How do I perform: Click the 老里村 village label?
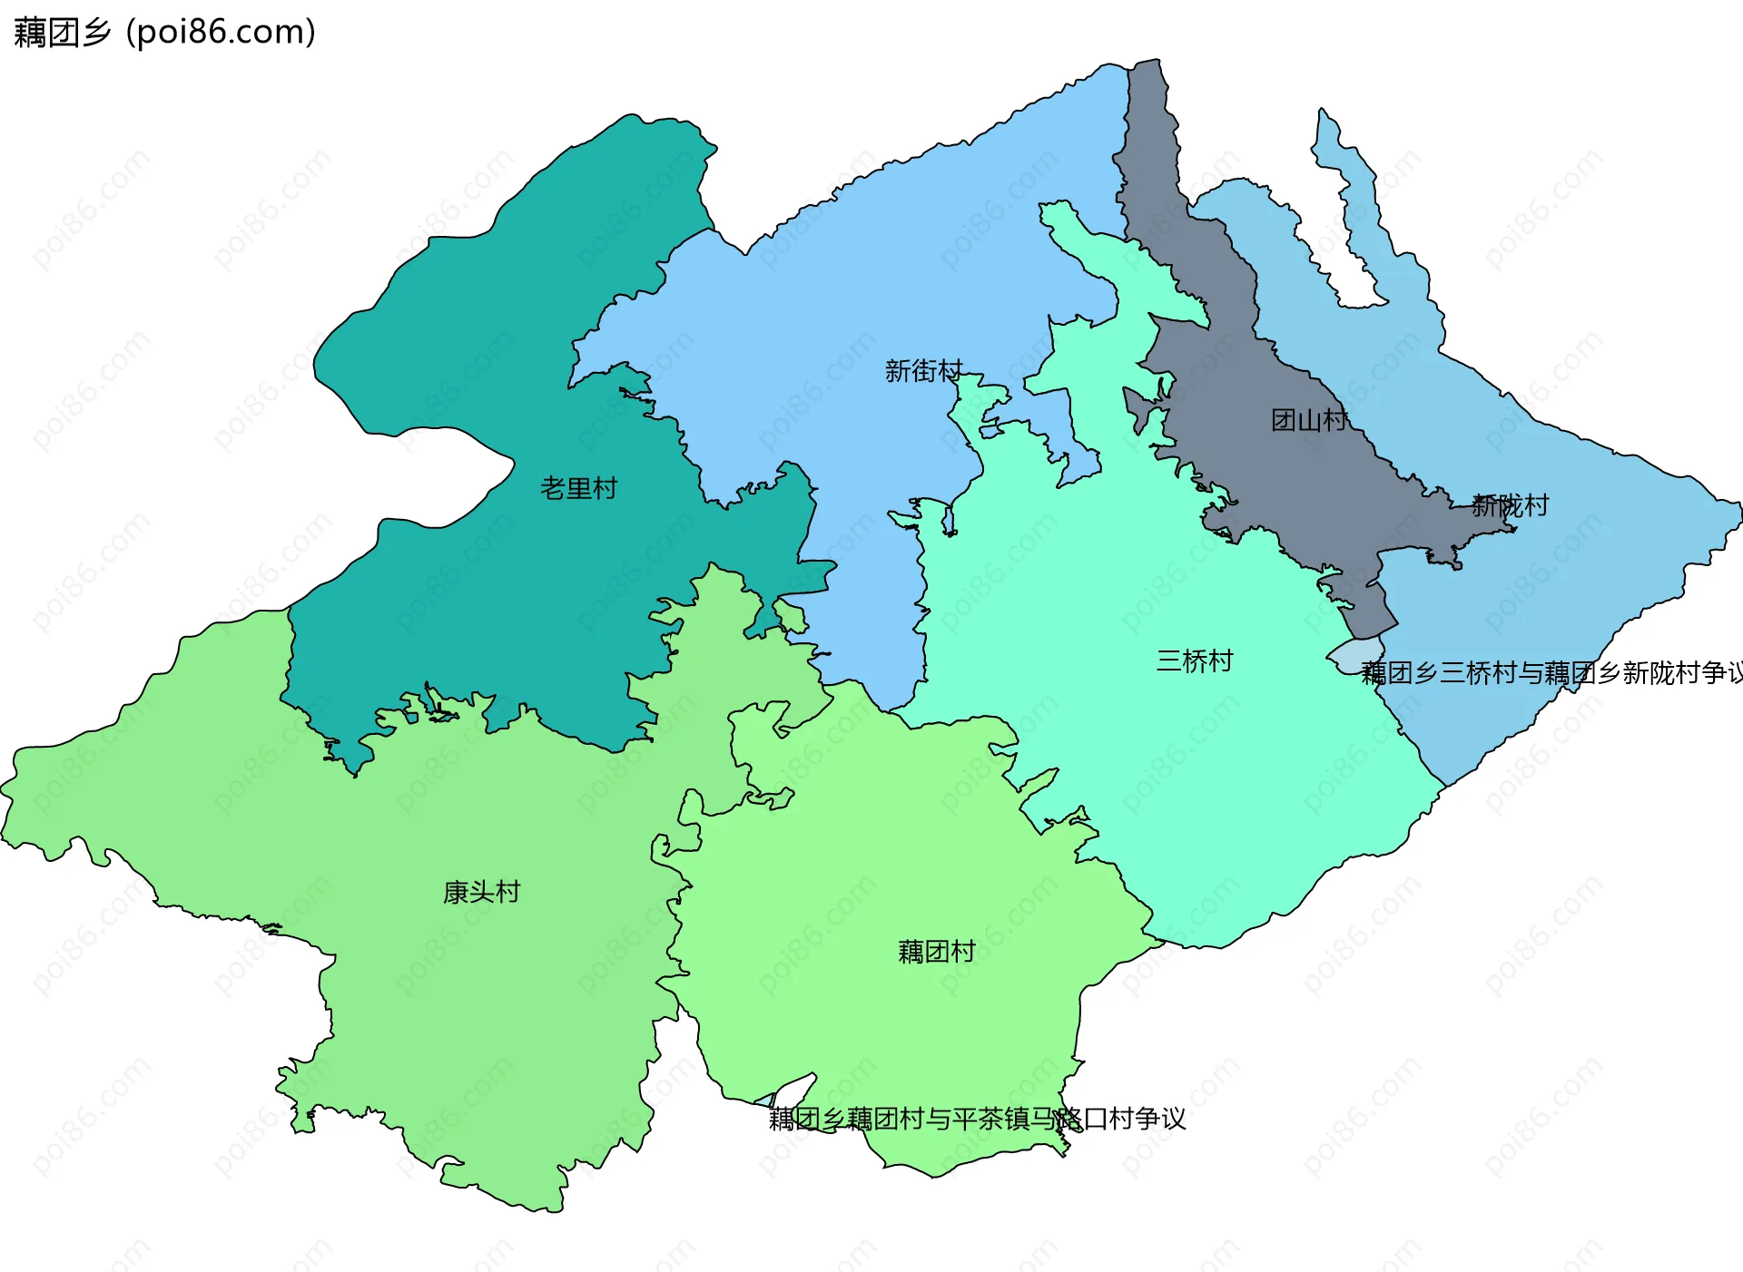578,489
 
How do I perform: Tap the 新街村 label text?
923,371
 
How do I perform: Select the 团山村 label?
1309,420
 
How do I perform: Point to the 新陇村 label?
1510,505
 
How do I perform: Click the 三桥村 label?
1194,660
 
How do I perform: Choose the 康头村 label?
481,892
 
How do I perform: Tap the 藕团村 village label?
936,951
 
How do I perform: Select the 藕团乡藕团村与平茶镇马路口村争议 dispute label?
977,1119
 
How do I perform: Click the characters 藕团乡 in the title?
62,33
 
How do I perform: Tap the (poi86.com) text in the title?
221,33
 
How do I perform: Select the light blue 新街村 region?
862,272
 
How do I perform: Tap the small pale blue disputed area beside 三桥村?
1355,655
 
